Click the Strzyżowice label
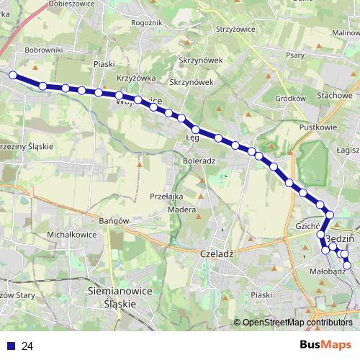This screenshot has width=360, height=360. click(236, 30)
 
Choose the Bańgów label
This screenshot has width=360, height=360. click(113, 220)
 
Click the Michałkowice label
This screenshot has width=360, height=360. click(71, 235)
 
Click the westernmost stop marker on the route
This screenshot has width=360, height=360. click(12, 74)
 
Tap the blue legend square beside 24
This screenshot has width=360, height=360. click(11, 346)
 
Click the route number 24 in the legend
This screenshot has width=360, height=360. click(27, 346)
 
